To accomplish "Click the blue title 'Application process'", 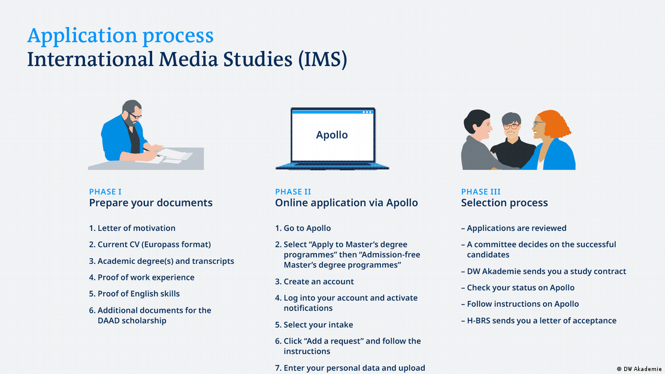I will pyautogui.click(x=120, y=36).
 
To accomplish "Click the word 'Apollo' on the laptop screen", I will pyautogui.click(x=332, y=135).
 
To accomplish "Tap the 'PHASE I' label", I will pyautogui.click(x=105, y=192).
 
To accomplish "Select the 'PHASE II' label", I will pyautogui.click(x=293, y=192).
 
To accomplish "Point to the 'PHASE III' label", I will pyautogui.click(x=480, y=192).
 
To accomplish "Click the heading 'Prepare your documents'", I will pyautogui.click(x=150, y=203).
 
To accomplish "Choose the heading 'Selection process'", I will pyautogui.click(x=504, y=203).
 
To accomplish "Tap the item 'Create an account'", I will pyautogui.click(x=318, y=282).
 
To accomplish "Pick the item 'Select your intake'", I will pyautogui.click(x=318, y=325).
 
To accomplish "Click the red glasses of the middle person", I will pyautogui.click(x=510, y=126).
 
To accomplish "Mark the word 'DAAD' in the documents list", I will pyautogui.click(x=110, y=321).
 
